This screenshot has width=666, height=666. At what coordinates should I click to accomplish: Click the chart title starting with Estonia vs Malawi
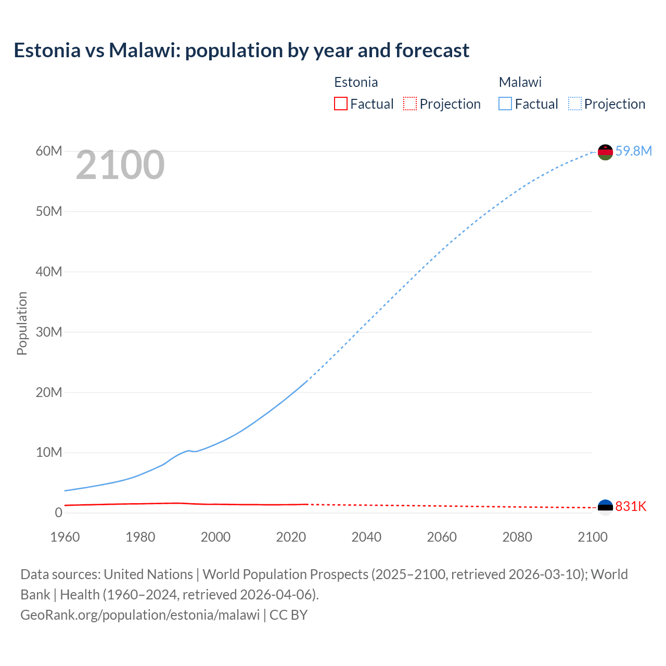[x=241, y=50]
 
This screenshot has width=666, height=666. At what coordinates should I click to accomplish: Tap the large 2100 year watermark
[x=120, y=165]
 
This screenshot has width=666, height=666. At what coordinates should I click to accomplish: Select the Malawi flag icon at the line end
[x=605, y=152]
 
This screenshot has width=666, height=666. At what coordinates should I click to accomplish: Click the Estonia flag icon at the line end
[x=605, y=507]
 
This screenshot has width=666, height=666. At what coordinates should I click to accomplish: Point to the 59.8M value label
[x=633, y=151]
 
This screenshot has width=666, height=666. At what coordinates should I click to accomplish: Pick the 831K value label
[x=631, y=506]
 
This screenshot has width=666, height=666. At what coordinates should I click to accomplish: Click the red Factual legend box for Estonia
[x=340, y=104]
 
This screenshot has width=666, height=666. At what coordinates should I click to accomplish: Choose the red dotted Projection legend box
[x=410, y=104]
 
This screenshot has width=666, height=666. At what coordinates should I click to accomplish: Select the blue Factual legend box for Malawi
[x=505, y=104]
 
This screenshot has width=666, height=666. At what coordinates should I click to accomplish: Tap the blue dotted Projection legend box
[x=574, y=104]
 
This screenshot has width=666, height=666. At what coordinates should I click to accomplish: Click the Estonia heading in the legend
[x=356, y=82]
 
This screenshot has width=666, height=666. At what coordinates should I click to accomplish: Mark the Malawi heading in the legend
[x=520, y=82]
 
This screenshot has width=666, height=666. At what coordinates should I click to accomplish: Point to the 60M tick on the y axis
[x=49, y=151]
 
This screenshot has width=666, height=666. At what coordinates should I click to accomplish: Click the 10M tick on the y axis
[x=49, y=452]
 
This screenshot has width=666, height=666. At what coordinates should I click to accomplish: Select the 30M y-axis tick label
[x=49, y=332]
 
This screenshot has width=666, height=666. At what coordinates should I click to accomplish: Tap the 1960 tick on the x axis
[x=65, y=537]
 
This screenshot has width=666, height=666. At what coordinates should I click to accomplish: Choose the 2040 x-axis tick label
[x=366, y=537]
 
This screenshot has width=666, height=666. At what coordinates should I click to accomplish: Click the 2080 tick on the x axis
[x=517, y=537]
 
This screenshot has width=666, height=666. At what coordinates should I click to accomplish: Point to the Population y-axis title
[x=22, y=323]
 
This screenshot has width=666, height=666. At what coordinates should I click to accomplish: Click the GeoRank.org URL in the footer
[x=140, y=615]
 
